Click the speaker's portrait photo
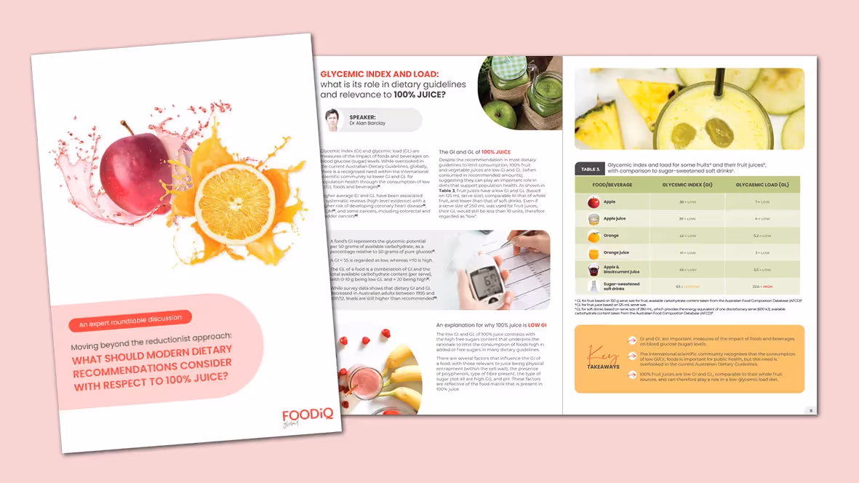[x=332, y=120]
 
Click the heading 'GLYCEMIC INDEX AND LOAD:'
[x=390, y=74]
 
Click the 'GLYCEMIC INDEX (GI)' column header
[x=687, y=185]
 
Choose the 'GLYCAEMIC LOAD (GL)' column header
[x=762, y=185]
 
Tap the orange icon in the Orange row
[x=594, y=236]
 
